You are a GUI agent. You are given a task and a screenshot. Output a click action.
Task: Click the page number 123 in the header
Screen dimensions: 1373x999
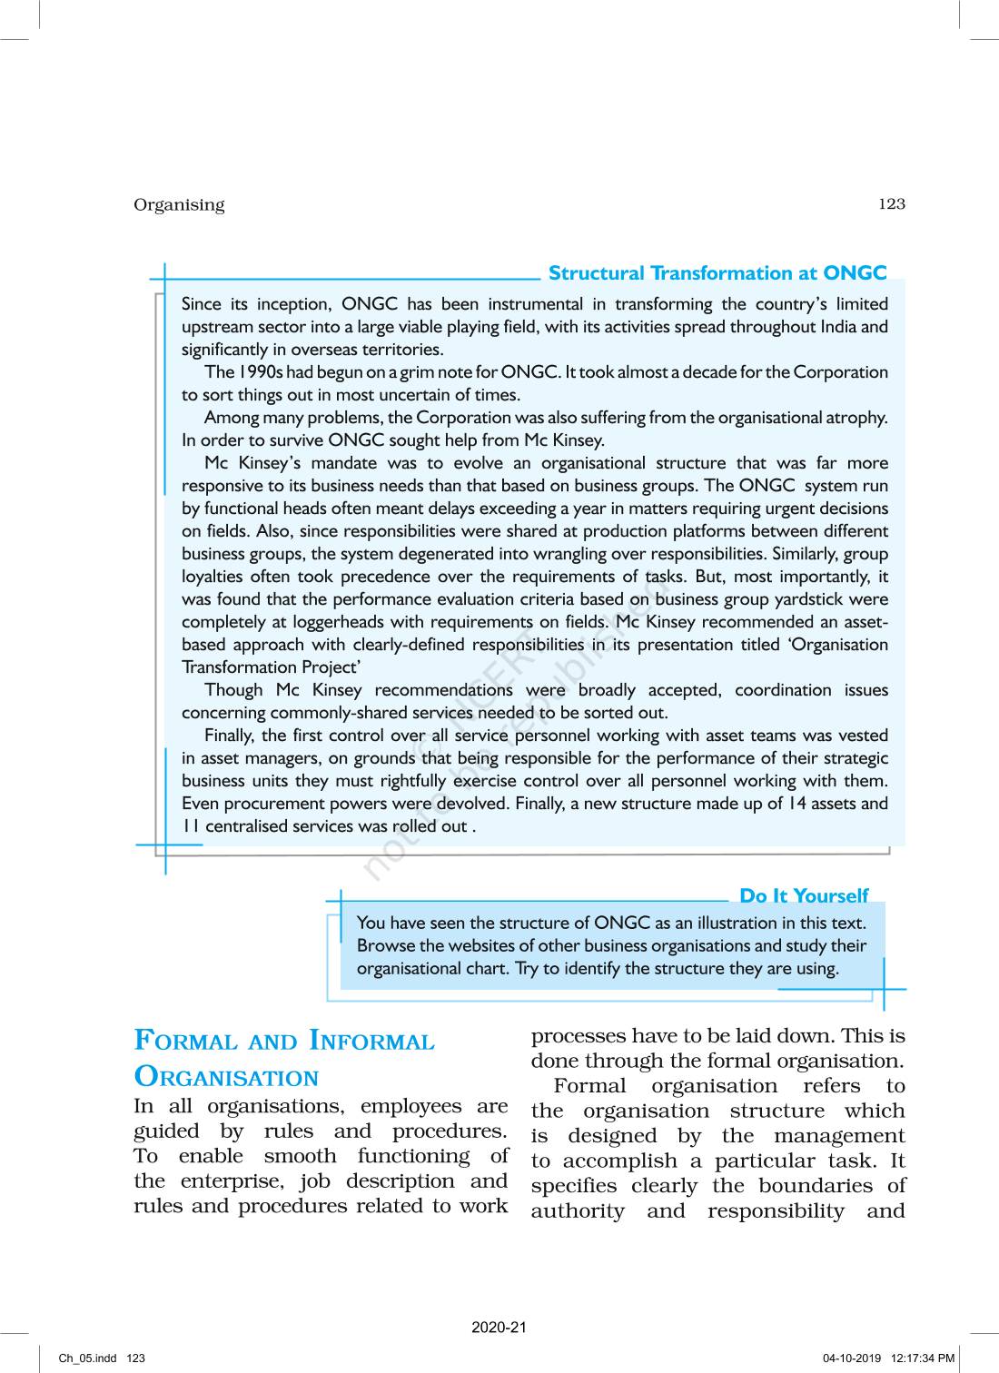891,204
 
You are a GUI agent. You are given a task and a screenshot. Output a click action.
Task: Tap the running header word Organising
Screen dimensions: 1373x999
179,205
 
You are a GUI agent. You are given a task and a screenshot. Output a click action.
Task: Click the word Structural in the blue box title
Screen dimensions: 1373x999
596,273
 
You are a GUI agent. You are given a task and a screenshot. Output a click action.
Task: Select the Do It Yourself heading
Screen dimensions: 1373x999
804,896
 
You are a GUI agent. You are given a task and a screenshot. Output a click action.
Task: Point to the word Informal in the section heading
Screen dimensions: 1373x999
371,1041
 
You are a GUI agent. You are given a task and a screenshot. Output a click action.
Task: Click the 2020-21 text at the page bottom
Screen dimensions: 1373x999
499,1328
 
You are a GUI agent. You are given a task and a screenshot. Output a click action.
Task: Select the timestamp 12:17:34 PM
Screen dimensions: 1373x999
923,1358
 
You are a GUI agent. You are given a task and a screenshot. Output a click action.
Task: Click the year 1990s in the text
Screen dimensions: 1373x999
261,372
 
